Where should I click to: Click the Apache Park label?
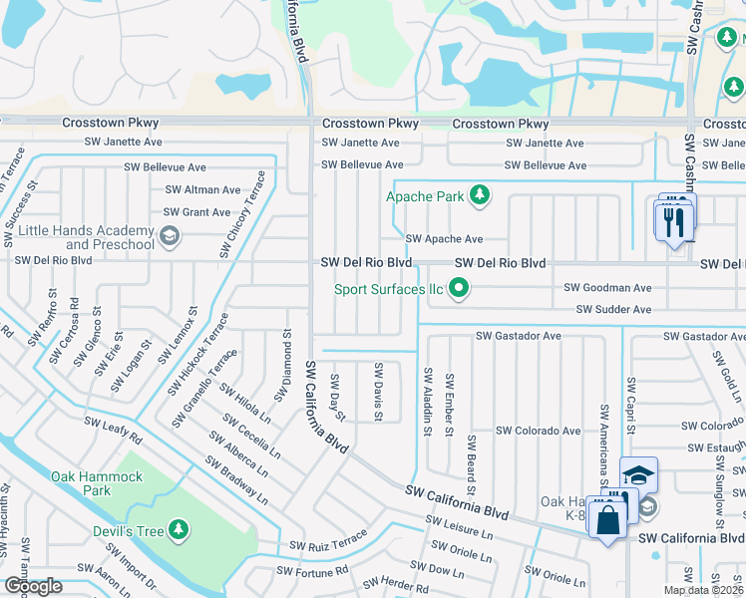(x=425, y=196)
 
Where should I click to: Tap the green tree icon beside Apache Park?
(x=480, y=195)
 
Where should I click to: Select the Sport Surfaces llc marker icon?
(x=459, y=290)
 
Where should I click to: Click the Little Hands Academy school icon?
(x=169, y=236)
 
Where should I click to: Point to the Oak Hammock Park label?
(x=97, y=483)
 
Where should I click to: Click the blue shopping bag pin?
(x=606, y=520)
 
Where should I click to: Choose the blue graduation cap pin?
(x=638, y=475)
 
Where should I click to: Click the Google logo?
(x=33, y=586)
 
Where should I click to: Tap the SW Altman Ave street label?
(x=202, y=189)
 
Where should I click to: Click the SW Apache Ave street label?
(x=444, y=239)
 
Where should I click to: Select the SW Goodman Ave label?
(x=607, y=287)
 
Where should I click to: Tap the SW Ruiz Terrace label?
(x=328, y=546)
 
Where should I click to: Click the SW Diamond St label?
(x=287, y=361)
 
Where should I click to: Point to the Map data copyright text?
(x=703, y=590)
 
